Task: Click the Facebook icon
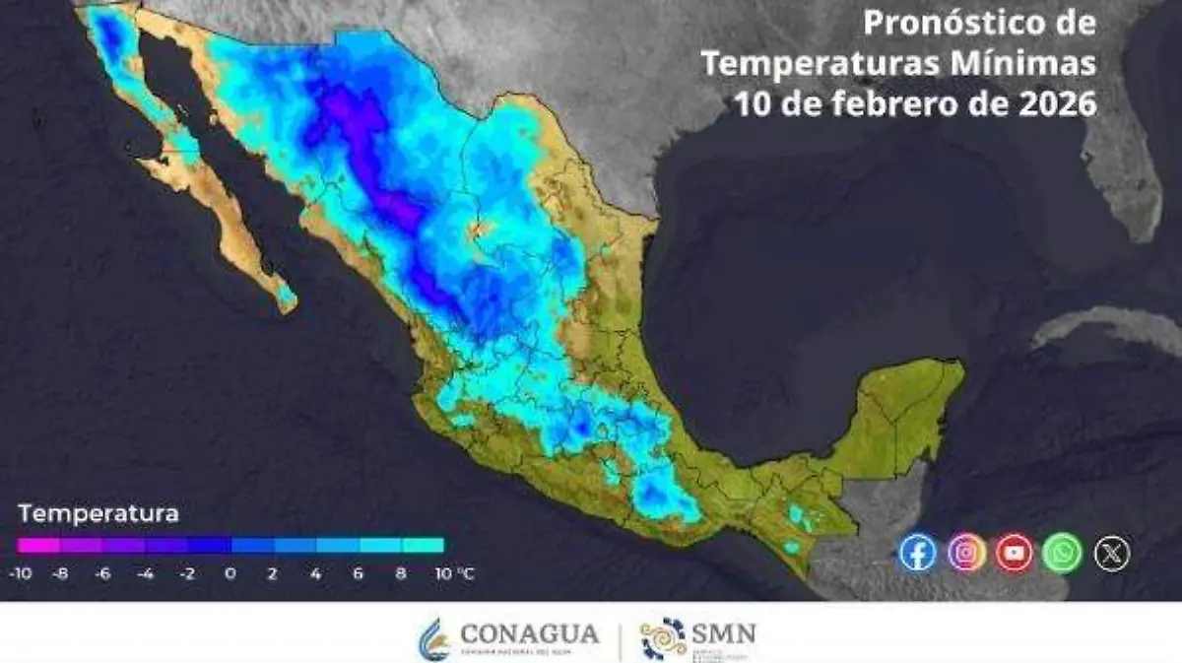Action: [917, 552]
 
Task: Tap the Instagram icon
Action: [966, 552]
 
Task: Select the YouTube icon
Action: [1015, 552]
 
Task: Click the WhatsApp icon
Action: [1063, 552]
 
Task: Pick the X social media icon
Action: [1112, 553]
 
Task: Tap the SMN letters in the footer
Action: [724, 632]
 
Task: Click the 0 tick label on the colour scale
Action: [230, 572]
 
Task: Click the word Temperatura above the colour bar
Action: [98, 513]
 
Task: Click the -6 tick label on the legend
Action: [103, 572]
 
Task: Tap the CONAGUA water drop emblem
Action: [434, 638]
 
